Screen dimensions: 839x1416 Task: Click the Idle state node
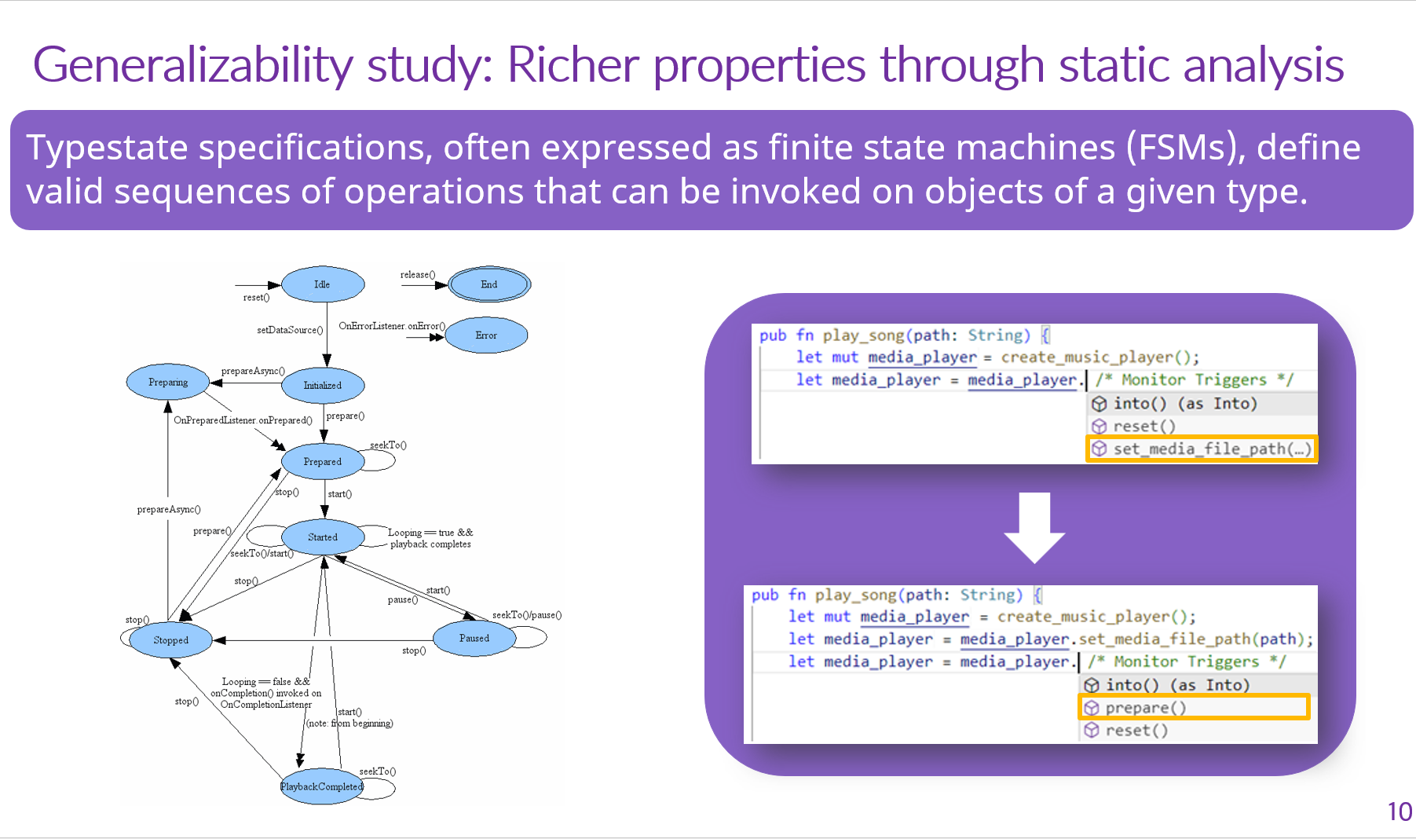point(323,284)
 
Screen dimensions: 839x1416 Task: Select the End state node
point(489,284)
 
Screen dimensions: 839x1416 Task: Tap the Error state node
point(486,335)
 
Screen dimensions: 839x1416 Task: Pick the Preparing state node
point(168,383)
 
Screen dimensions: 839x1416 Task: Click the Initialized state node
point(323,386)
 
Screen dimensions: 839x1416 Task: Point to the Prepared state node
point(323,462)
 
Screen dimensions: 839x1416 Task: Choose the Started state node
point(323,537)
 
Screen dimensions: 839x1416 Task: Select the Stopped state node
point(170,640)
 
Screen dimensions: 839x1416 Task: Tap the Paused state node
point(474,639)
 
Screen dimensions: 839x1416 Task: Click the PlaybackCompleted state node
point(322,786)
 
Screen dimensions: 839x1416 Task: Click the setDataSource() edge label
point(290,330)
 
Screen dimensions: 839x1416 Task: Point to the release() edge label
point(418,275)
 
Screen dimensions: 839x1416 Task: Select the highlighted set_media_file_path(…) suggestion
point(1202,449)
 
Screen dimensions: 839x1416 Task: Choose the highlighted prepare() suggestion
point(1194,708)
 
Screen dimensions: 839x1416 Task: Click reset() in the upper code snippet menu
point(1144,426)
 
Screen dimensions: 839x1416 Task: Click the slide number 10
point(1400,812)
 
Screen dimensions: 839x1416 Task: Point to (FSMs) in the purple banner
point(1185,147)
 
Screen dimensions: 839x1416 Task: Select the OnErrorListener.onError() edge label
point(392,326)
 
